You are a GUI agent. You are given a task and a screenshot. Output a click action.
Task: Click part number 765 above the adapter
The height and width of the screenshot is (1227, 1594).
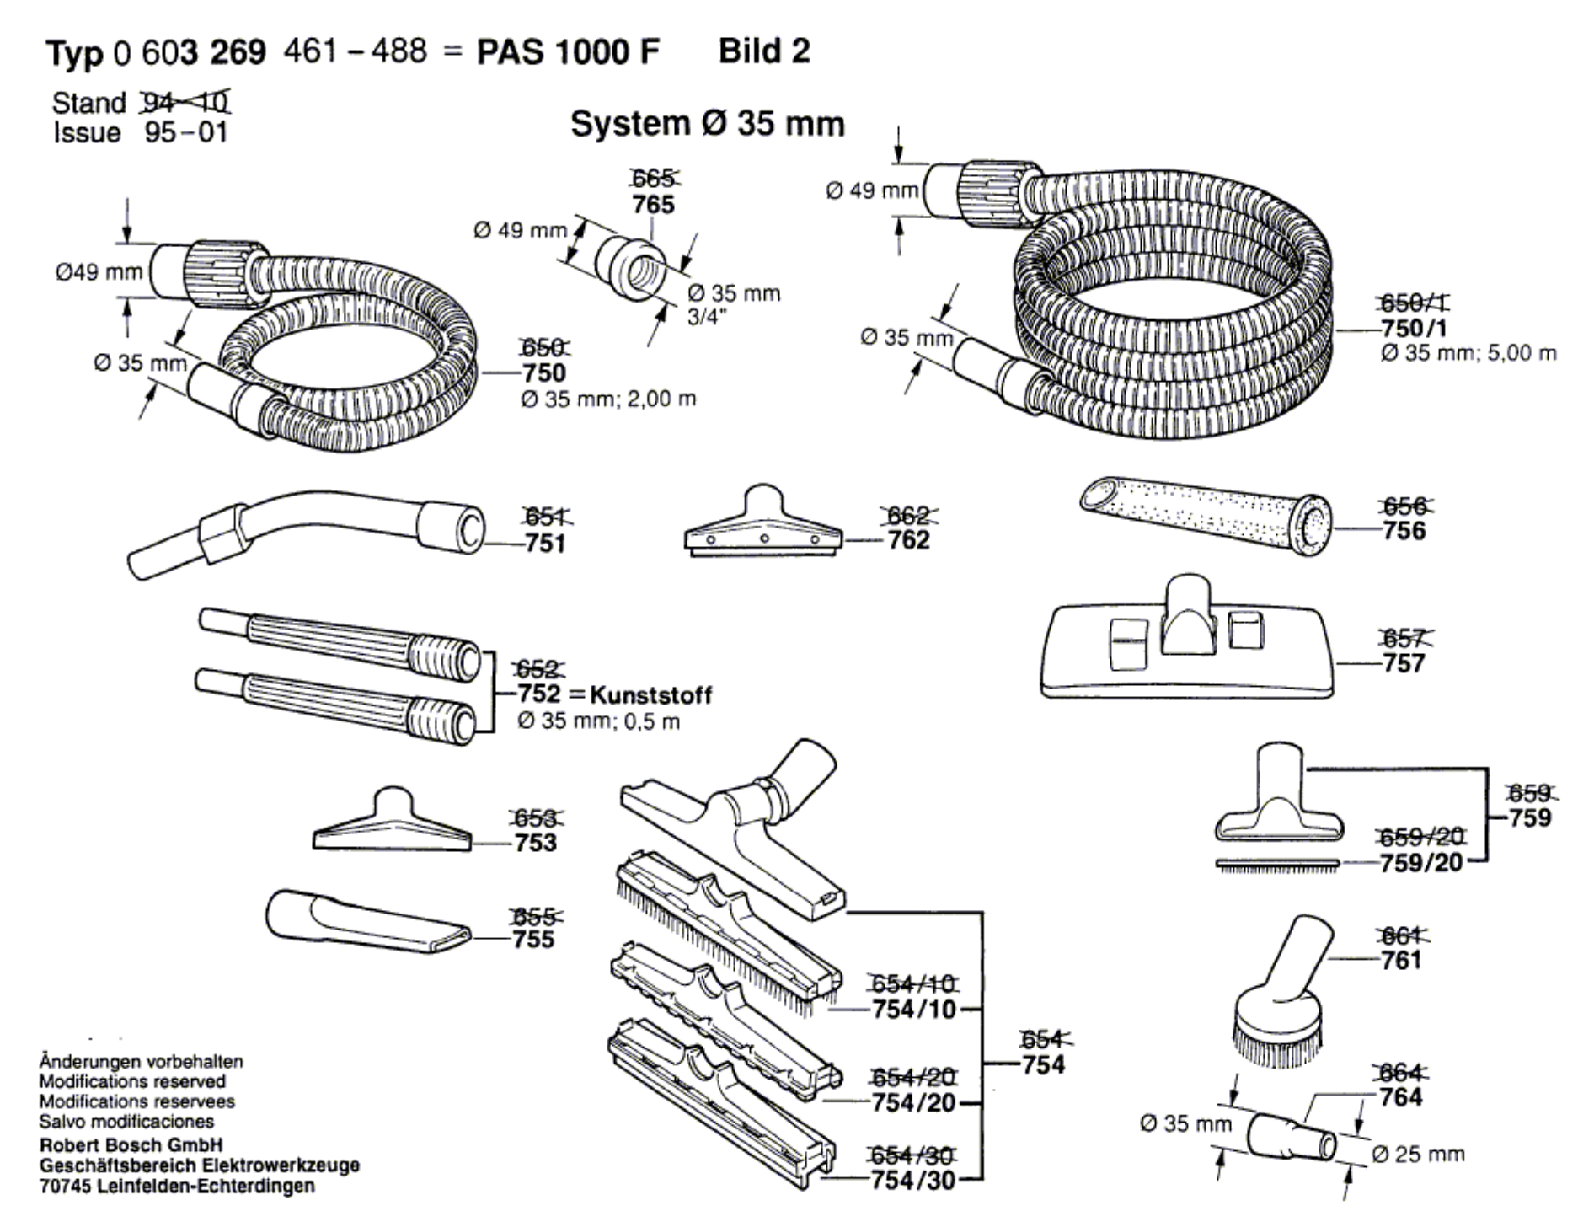(653, 205)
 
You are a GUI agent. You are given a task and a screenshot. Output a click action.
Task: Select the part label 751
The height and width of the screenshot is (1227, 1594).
(545, 544)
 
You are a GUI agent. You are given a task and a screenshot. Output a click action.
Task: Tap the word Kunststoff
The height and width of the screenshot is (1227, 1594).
(650, 695)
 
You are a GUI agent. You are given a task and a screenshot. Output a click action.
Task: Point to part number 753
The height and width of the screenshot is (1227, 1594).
(536, 843)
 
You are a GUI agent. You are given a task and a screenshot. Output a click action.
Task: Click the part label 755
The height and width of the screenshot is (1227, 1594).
(534, 939)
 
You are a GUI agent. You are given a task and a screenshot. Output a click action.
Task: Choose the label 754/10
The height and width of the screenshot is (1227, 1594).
(914, 1009)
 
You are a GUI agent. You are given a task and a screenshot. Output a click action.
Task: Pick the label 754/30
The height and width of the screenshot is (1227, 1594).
(913, 1181)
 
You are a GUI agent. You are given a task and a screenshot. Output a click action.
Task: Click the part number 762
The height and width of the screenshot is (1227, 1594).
(908, 539)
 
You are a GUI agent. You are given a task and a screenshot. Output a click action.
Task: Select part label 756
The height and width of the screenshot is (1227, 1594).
(1404, 530)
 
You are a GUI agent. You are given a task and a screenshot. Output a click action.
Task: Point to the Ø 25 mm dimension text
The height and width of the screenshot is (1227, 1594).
(1418, 1154)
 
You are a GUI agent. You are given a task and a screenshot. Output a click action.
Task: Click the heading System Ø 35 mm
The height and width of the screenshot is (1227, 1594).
(708, 125)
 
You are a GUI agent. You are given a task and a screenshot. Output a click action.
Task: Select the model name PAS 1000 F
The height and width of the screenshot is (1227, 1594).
(568, 52)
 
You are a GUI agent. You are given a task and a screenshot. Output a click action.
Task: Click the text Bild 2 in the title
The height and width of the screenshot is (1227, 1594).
(764, 51)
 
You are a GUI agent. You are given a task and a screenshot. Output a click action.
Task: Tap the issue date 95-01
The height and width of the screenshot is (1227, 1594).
(186, 133)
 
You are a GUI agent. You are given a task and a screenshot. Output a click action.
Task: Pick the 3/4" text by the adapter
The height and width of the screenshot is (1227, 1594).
(707, 319)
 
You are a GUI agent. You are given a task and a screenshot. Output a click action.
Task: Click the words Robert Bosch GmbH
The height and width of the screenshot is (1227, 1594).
(131, 1145)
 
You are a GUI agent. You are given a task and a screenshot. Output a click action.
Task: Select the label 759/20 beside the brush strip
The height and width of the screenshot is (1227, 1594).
(1420, 863)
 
